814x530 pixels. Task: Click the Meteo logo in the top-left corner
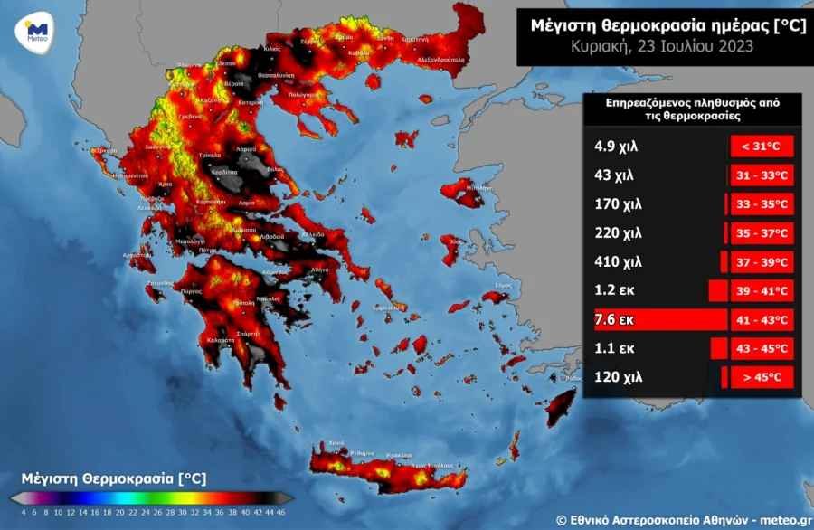click(x=37, y=30)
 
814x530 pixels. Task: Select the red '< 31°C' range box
click(x=762, y=146)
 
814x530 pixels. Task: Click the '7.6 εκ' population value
click(x=612, y=319)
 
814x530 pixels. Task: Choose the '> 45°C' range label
click(x=762, y=377)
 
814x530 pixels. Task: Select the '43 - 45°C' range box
click(x=762, y=348)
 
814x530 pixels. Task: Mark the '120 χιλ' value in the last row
click(x=617, y=377)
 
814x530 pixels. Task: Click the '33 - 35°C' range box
click(x=762, y=203)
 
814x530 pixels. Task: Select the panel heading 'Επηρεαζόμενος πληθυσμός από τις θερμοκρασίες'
click(x=692, y=109)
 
